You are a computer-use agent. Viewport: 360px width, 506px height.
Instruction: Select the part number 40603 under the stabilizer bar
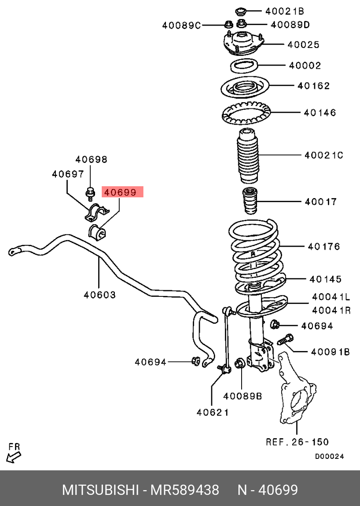coord(99,295)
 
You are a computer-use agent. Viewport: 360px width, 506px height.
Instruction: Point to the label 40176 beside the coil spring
coord(324,247)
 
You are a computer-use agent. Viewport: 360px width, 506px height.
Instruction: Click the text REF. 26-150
coord(297,442)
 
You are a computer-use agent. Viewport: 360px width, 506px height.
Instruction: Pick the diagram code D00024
coord(329,457)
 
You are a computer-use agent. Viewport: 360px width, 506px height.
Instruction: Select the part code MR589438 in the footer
coord(185,490)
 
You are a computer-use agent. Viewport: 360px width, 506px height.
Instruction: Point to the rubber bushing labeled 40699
coord(97,232)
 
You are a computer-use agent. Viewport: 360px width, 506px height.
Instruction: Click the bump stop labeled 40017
coord(250,202)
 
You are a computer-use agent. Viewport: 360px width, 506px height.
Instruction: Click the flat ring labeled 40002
coord(244,66)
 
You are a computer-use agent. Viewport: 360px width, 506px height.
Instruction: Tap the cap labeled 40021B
coord(241,11)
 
